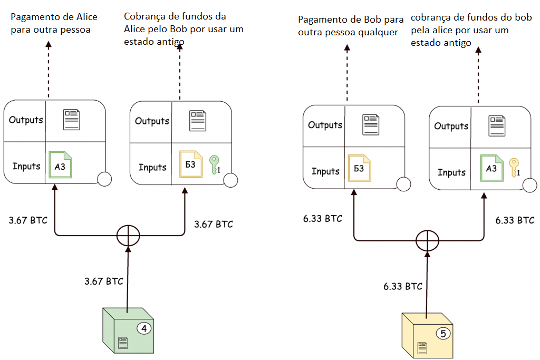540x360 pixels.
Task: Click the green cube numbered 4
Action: coord(128,331)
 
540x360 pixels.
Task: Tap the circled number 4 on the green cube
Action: coord(144,328)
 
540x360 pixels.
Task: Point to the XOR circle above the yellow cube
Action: coord(427,241)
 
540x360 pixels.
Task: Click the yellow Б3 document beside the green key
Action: coord(190,164)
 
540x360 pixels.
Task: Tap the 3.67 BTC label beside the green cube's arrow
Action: coord(103,281)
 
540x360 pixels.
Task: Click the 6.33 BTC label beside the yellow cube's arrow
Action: coord(403,286)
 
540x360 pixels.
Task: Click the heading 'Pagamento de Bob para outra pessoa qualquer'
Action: coord(351,25)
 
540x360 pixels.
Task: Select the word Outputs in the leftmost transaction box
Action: coord(25,120)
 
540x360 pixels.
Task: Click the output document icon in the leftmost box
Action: coord(71,119)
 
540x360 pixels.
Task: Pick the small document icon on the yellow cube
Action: coord(422,347)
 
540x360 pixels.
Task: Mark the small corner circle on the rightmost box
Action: coord(531,184)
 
